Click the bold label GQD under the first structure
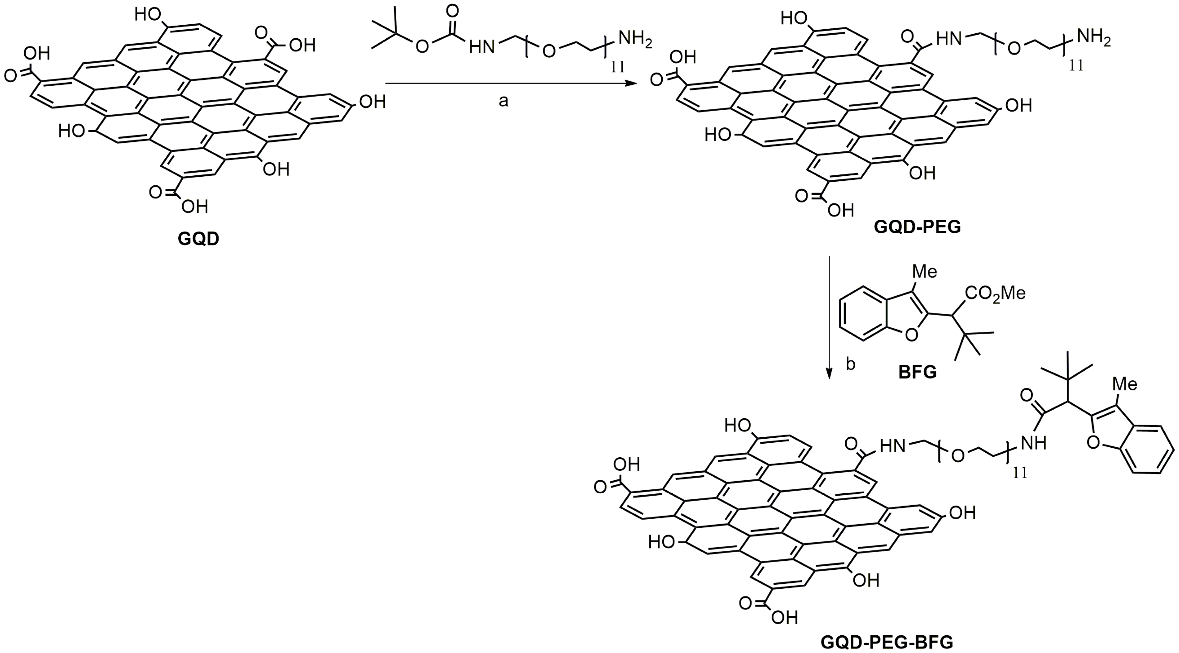(x=198, y=239)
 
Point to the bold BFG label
(x=918, y=372)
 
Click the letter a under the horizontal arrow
(x=503, y=101)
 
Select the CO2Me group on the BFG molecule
(x=995, y=293)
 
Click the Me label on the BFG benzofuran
(x=925, y=272)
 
